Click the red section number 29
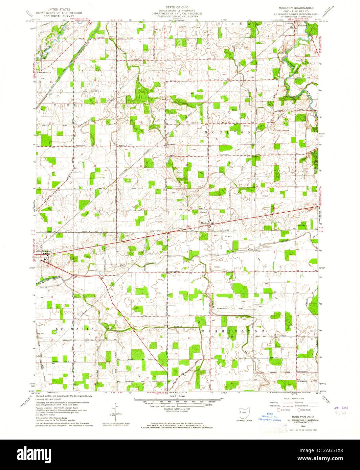tap(187, 165)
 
